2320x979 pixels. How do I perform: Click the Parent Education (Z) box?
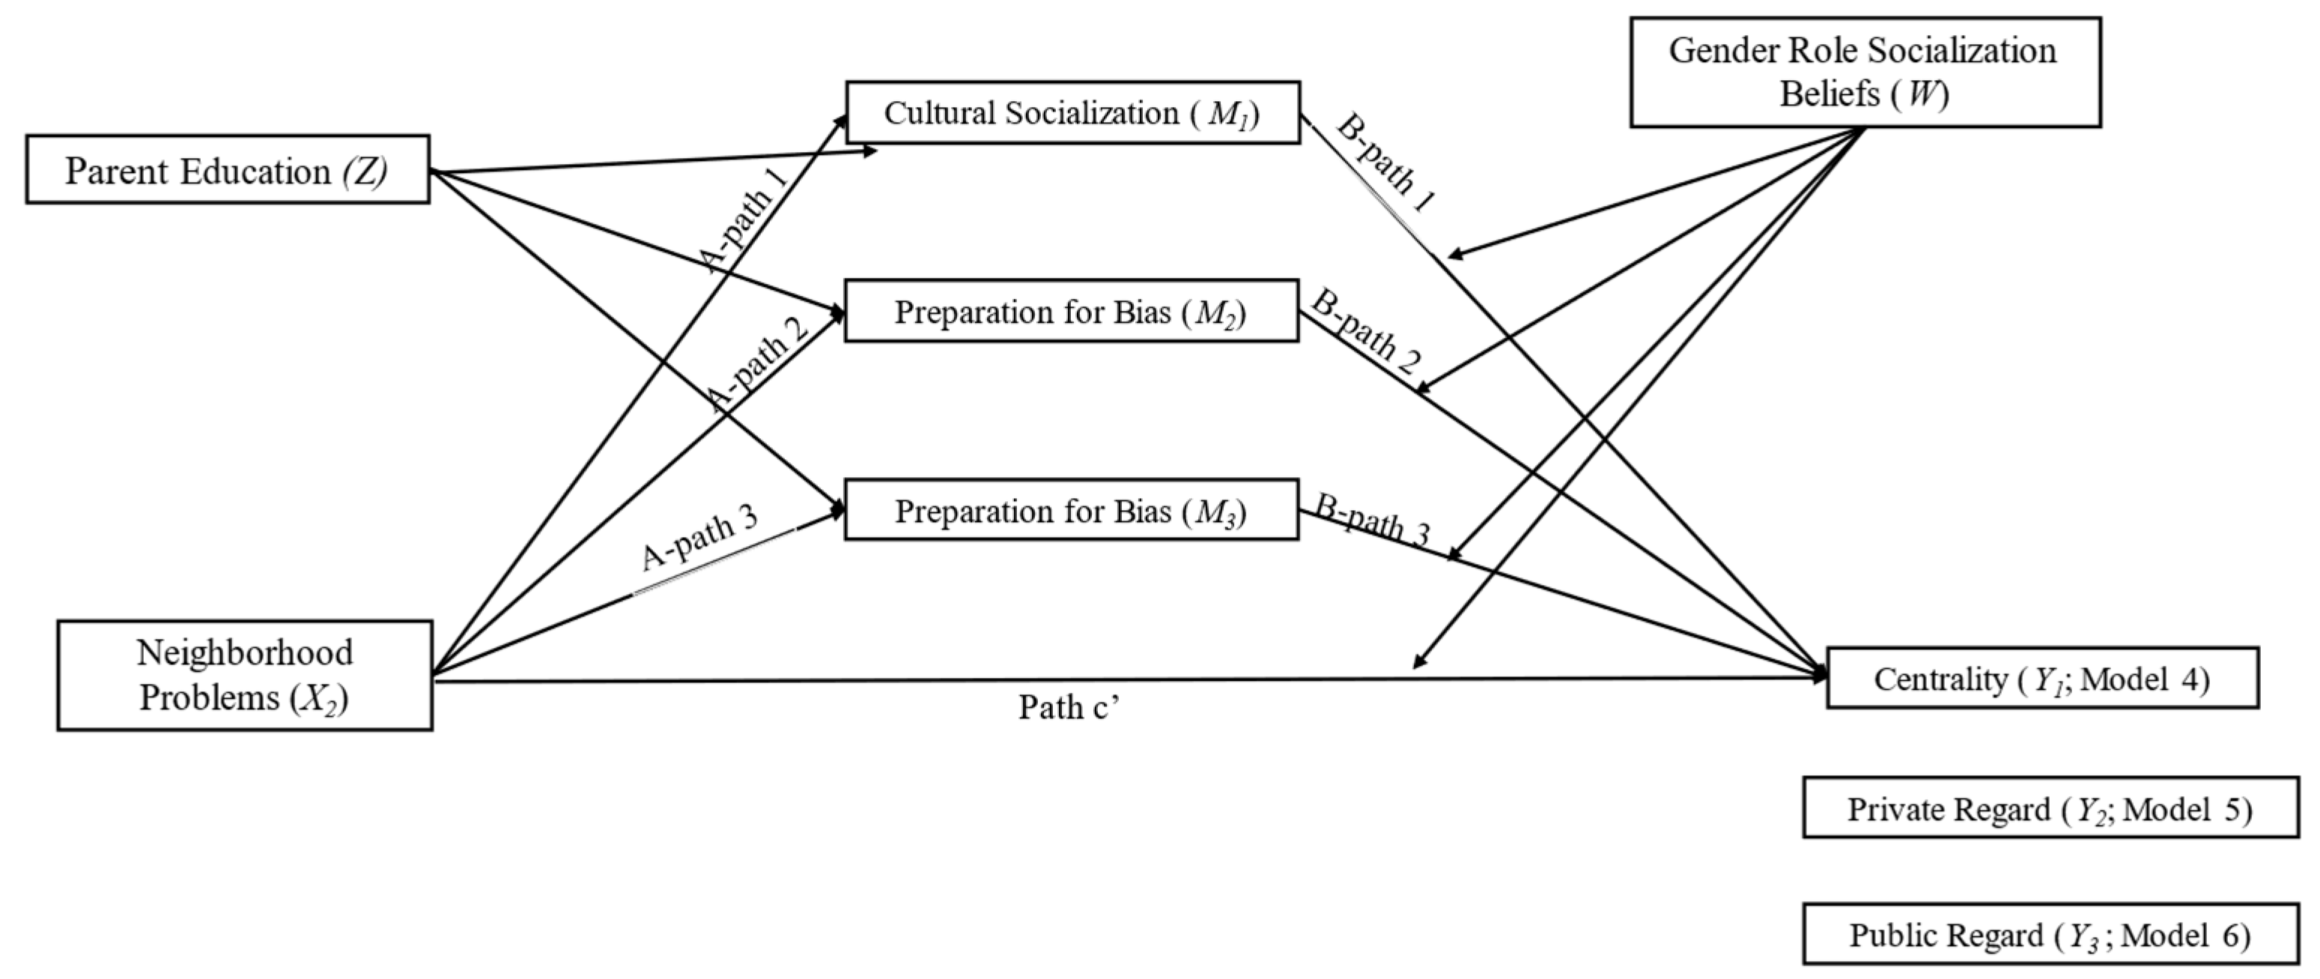227,169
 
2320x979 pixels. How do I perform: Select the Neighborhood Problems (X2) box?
244,675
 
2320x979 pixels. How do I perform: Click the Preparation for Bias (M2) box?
1071,312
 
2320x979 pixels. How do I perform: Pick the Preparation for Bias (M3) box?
1071,511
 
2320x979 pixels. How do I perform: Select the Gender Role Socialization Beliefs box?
1864,72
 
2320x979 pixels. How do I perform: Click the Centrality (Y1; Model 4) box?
2041,678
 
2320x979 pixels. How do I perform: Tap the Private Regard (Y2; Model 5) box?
2050,808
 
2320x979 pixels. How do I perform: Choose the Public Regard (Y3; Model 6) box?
2050,935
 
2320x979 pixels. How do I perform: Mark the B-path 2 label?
1364,331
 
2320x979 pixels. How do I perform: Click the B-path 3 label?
1370,521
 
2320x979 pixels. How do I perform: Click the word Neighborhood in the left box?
244,652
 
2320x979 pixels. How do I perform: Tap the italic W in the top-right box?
1920,94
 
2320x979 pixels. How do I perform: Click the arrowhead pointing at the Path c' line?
1418,663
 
